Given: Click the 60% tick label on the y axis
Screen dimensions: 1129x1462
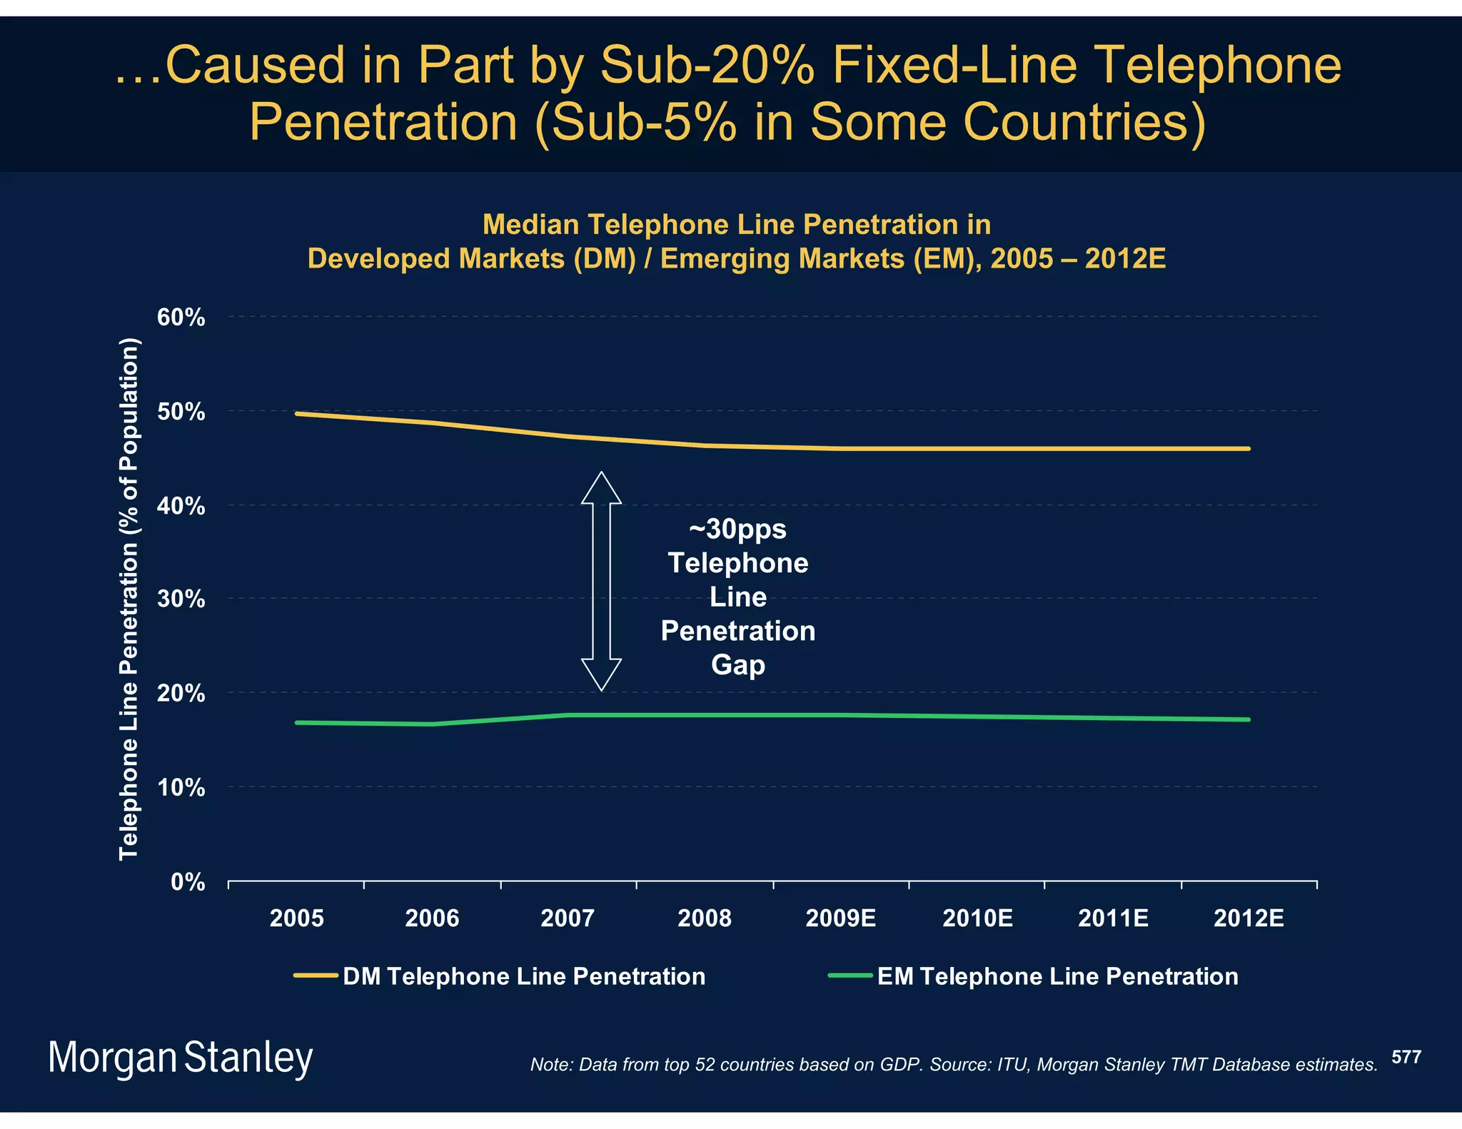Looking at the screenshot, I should (181, 318).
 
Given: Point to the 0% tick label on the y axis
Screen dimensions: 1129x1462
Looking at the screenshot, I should (188, 883).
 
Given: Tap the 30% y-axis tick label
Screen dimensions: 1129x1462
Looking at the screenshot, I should (181, 599).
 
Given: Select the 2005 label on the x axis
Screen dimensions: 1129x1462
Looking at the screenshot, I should (296, 918).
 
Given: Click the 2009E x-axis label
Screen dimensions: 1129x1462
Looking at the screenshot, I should (840, 918).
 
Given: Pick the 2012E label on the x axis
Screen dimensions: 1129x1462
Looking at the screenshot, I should (1248, 918).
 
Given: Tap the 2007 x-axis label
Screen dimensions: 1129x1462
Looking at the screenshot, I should (568, 918).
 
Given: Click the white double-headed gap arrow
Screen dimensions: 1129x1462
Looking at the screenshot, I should (601, 582).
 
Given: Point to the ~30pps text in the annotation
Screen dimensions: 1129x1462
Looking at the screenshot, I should (737, 530).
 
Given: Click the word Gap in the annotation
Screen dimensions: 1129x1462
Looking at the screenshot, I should (737, 665).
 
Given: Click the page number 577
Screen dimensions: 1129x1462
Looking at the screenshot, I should (1406, 1057).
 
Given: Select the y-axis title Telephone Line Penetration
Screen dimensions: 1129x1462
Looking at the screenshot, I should (128, 599).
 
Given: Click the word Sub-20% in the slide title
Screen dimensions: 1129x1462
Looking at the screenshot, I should (707, 66).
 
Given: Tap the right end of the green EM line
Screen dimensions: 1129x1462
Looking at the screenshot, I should (1247, 719).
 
